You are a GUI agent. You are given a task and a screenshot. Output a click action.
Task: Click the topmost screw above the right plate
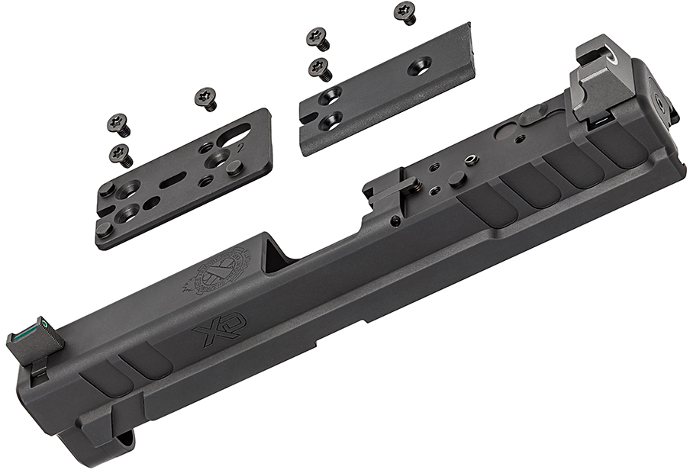click(x=404, y=12)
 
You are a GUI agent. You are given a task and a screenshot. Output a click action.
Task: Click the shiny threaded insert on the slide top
click(x=471, y=159)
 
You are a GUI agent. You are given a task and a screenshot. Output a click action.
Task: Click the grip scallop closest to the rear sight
click(x=623, y=151)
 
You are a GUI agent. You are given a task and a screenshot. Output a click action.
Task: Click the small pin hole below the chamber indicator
click(x=394, y=222)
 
